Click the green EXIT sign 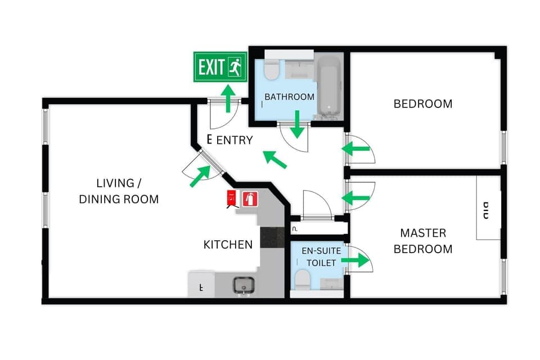click(x=220, y=67)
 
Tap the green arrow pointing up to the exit click(x=228, y=98)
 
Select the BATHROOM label click(x=289, y=97)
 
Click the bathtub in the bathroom click(x=328, y=87)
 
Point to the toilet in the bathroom click(x=272, y=70)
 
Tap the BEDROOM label click(x=422, y=103)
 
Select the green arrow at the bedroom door click(x=356, y=149)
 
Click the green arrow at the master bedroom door click(x=356, y=198)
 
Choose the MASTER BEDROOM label click(x=422, y=241)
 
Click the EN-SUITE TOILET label click(x=318, y=256)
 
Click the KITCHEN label click(x=228, y=245)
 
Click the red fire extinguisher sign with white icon click(x=250, y=198)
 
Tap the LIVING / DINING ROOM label click(x=119, y=191)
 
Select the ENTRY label click(x=235, y=140)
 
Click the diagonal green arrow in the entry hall click(x=276, y=160)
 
